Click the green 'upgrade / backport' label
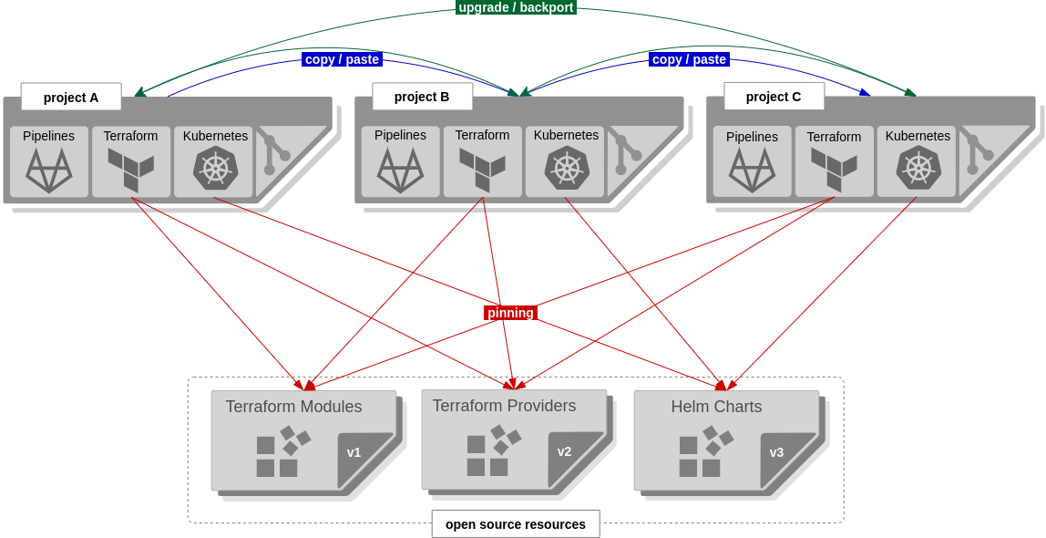(516, 7)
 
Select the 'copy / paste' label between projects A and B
(342, 59)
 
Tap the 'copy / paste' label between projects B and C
(689, 59)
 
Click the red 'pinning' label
(510, 313)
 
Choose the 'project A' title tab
(71, 97)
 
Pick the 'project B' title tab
(422, 97)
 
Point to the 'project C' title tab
(774, 97)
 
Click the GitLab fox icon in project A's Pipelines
(49, 171)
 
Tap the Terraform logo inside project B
(482, 170)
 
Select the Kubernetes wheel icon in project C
(918, 169)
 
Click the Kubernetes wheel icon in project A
(215, 169)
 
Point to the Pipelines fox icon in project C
(752, 171)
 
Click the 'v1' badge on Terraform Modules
(354, 452)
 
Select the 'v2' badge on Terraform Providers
(564, 451)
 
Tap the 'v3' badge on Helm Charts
(776, 452)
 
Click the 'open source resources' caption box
(516, 524)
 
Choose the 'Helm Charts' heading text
(716, 407)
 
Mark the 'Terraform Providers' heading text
(504, 406)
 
